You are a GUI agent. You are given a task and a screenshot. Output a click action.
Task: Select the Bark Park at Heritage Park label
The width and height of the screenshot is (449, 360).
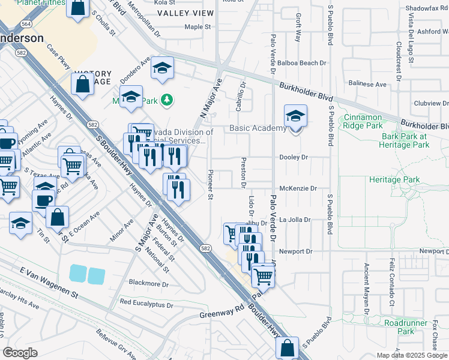tap(405, 140)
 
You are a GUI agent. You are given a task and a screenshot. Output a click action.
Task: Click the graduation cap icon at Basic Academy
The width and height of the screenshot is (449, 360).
tap(295, 116)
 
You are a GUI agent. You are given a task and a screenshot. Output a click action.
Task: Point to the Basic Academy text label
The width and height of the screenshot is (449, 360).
tap(258, 128)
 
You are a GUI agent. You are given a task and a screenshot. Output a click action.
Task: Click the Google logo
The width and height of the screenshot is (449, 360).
tap(20, 352)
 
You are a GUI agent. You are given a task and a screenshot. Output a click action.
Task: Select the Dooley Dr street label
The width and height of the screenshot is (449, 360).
tap(294, 157)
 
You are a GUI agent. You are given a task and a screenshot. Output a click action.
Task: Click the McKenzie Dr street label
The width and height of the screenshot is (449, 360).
tap(298, 188)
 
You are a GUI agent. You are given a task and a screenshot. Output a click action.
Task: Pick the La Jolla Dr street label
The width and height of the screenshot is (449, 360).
tap(295, 220)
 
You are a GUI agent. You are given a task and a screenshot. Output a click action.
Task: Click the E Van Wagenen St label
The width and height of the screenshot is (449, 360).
tap(49, 283)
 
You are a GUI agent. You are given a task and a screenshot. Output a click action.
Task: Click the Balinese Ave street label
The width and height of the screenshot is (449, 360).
tap(367, 85)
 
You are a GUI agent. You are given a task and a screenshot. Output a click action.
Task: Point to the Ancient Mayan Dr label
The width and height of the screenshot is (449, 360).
tap(366, 287)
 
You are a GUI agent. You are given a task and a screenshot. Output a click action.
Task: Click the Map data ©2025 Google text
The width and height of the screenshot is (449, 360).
tap(412, 355)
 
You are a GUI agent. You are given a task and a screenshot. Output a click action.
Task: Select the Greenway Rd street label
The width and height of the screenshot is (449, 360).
tap(221, 313)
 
